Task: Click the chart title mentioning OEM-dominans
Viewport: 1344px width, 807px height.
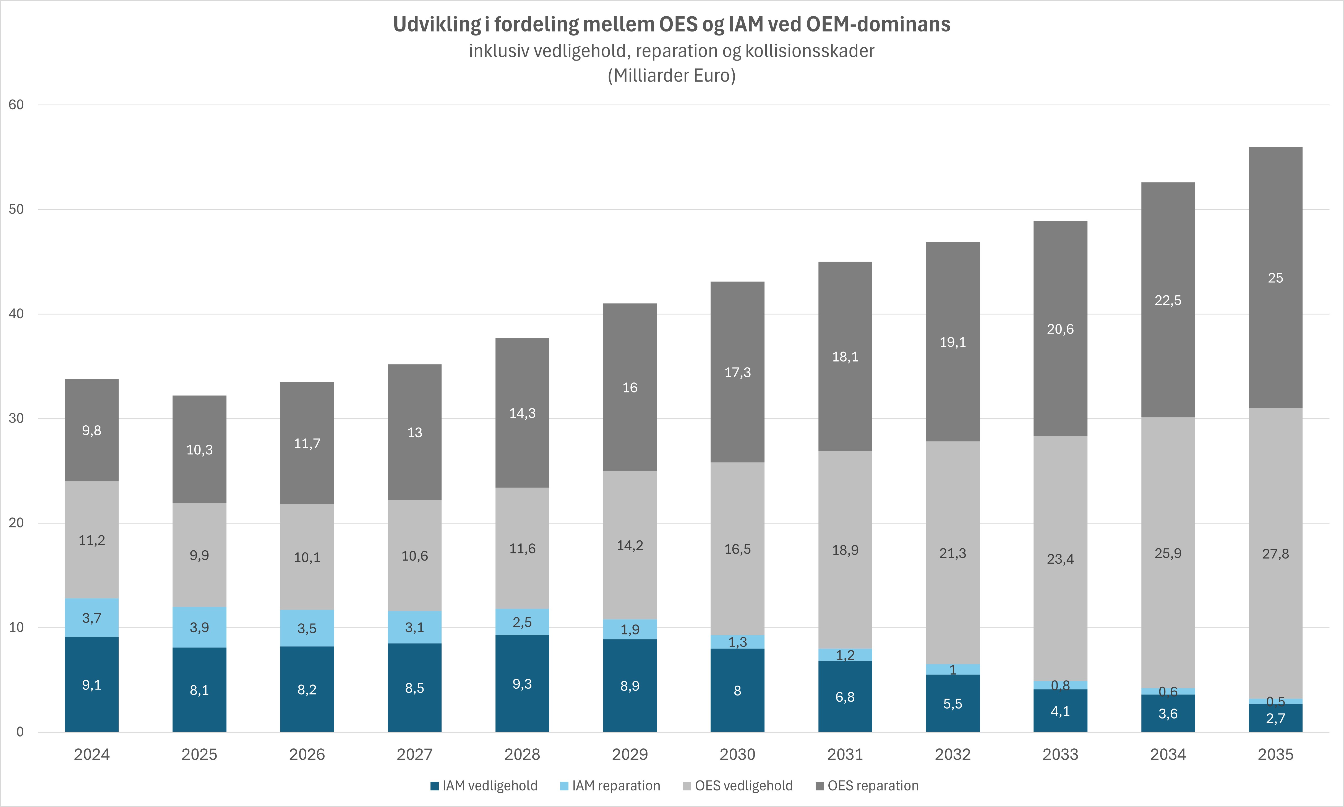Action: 672,24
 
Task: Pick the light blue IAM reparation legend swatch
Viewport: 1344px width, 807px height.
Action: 564,786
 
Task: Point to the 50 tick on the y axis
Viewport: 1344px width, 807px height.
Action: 16,209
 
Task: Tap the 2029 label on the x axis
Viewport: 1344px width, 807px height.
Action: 630,754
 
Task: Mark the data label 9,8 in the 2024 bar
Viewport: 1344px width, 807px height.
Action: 91,431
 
